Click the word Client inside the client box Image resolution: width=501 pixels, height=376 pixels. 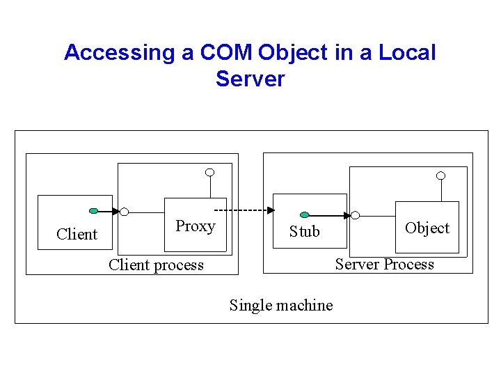coord(77,234)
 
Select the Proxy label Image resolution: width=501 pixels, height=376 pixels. coord(195,226)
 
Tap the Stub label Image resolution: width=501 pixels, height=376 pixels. coord(305,231)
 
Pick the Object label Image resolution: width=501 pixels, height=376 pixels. coord(427,228)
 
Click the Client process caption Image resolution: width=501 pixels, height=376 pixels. coord(156,265)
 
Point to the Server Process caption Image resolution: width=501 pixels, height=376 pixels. coord(384,264)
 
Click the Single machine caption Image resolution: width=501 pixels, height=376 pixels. coord(281,305)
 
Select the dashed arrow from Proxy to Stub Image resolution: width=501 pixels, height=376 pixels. coord(244,210)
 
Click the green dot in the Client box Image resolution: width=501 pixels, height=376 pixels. coord(93,210)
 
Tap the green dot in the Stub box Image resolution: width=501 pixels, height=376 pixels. coord(304,215)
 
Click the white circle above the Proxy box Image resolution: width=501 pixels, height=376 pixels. coord(209,172)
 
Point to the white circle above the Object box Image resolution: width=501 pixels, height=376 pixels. coord(440,175)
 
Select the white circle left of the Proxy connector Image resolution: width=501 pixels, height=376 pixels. coord(124,212)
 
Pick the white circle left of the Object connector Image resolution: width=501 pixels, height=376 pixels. coord(356,215)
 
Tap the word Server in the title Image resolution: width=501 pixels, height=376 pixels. coord(250,79)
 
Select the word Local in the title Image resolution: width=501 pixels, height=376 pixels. coord(407,53)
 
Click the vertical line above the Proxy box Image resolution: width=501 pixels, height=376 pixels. coord(209,187)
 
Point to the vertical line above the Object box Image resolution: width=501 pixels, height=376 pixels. coord(440,191)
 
